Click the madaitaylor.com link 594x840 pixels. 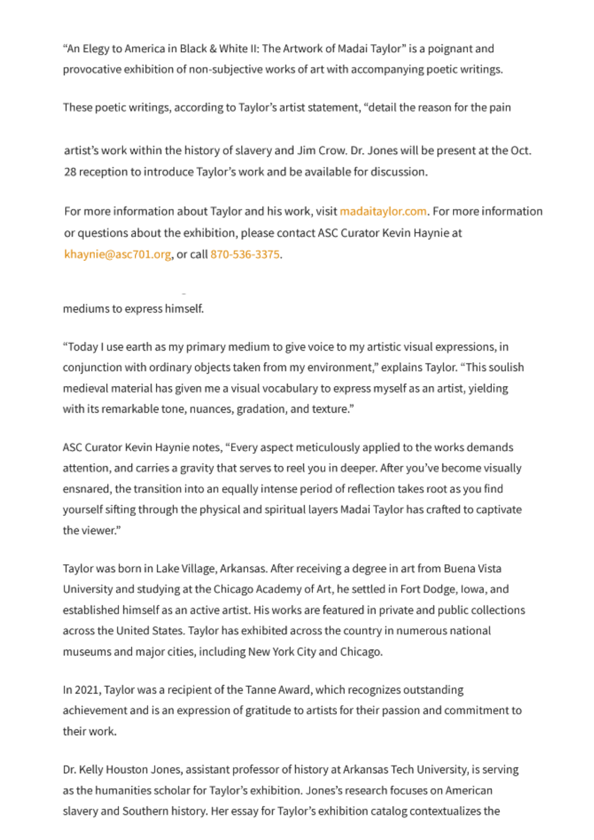(x=383, y=211)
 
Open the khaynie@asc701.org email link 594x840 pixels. (x=118, y=254)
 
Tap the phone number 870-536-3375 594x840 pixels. (x=244, y=254)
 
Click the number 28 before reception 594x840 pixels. (x=70, y=172)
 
